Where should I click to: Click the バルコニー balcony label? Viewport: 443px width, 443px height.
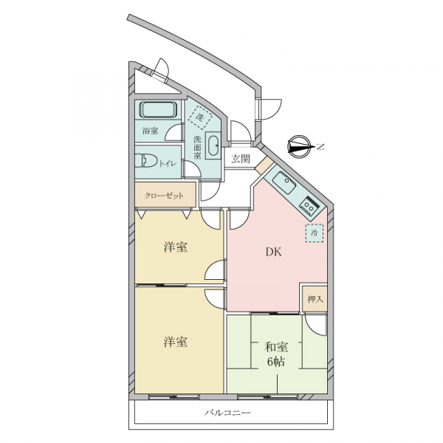point(227,413)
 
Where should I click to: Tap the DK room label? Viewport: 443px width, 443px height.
point(273,252)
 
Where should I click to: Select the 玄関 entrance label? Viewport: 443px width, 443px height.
point(241,159)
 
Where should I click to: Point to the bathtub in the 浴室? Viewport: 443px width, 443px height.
point(158,109)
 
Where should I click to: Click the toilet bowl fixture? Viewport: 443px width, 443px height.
point(145,160)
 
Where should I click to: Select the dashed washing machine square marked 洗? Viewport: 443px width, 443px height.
point(200,117)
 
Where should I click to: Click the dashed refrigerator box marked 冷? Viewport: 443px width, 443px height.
point(315,233)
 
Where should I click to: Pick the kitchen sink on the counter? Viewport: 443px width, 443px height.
point(285,182)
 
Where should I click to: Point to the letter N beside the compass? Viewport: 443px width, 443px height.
point(320,147)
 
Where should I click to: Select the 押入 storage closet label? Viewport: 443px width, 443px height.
point(315,299)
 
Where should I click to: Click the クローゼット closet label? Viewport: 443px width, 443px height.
point(164,196)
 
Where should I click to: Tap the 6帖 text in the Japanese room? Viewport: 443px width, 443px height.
point(276,362)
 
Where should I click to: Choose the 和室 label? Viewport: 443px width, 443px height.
point(276,347)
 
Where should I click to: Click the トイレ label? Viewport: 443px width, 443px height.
point(168,163)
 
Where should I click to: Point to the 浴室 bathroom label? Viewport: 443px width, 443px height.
point(151,131)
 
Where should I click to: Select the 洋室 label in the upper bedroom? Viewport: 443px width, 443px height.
point(176,247)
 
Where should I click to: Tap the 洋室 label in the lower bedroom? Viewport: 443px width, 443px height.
point(176,342)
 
